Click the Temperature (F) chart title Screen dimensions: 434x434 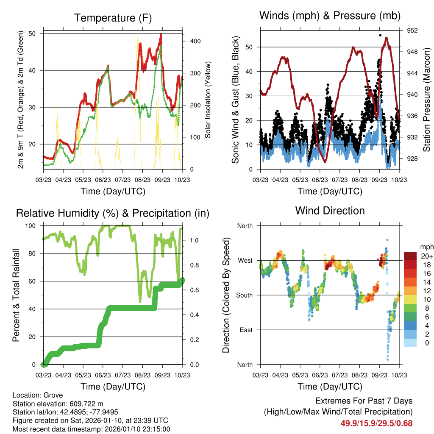click(x=113, y=18)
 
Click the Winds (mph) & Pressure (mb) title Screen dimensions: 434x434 click(x=330, y=16)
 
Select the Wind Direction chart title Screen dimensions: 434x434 click(x=330, y=210)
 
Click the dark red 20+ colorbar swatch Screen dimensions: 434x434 click(x=410, y=256)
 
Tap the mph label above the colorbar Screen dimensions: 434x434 click(x=426, y=247)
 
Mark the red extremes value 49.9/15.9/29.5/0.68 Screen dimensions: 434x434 click(x=376, y=423)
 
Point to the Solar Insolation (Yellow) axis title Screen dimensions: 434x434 click(x=208, y=100)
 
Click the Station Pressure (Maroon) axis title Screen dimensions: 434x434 click(x=426, y=100)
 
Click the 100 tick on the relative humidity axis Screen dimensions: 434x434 click(x=32, y=226)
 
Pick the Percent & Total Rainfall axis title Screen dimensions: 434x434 click(x=16, y=295)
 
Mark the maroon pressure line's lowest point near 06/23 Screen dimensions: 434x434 click(x=325, y=162)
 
